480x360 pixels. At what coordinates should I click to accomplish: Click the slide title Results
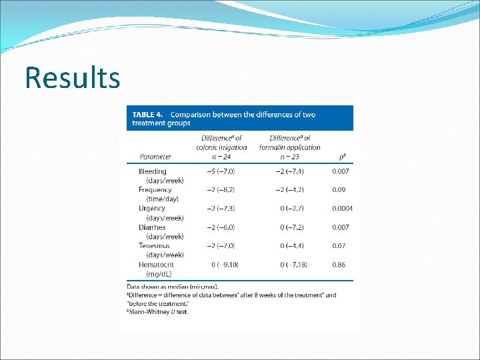coord(73,77)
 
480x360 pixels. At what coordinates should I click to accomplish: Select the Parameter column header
coord(155,157)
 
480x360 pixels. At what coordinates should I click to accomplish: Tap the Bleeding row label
coord(153,171)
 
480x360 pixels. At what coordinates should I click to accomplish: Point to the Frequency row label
coord(155,190)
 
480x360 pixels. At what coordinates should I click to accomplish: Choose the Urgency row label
coord(152,209)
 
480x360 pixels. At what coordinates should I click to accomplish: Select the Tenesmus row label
coord(155,246)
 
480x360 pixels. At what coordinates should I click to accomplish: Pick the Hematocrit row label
coord(157,265)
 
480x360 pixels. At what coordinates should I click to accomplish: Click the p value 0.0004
coord(342,209)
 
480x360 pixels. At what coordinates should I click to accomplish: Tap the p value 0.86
coord(339,265)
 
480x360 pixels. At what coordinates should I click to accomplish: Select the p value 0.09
coord(339,190)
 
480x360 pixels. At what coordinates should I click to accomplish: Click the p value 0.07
coord(339,246)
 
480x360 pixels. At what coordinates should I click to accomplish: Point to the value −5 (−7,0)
coord(221,171)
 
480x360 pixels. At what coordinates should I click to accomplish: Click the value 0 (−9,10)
coord(225,265)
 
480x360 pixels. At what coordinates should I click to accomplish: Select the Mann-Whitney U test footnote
coord(159,311)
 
